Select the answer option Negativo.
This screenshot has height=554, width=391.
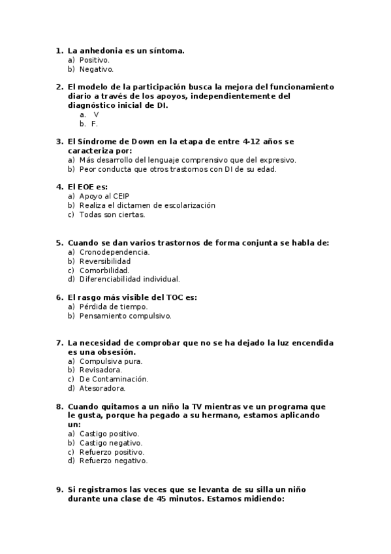tap(96, 69)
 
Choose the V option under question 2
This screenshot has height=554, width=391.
tap(96, 114)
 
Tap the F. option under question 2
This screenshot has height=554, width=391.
tap(95, 123)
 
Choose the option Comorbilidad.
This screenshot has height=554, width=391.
tap(104, 270)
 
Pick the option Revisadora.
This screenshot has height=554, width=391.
tap(101, 370)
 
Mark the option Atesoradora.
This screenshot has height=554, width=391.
tap(102, 388)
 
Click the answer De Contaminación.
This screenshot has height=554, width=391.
tap(114, 379)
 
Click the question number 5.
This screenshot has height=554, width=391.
tap(59, 242)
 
